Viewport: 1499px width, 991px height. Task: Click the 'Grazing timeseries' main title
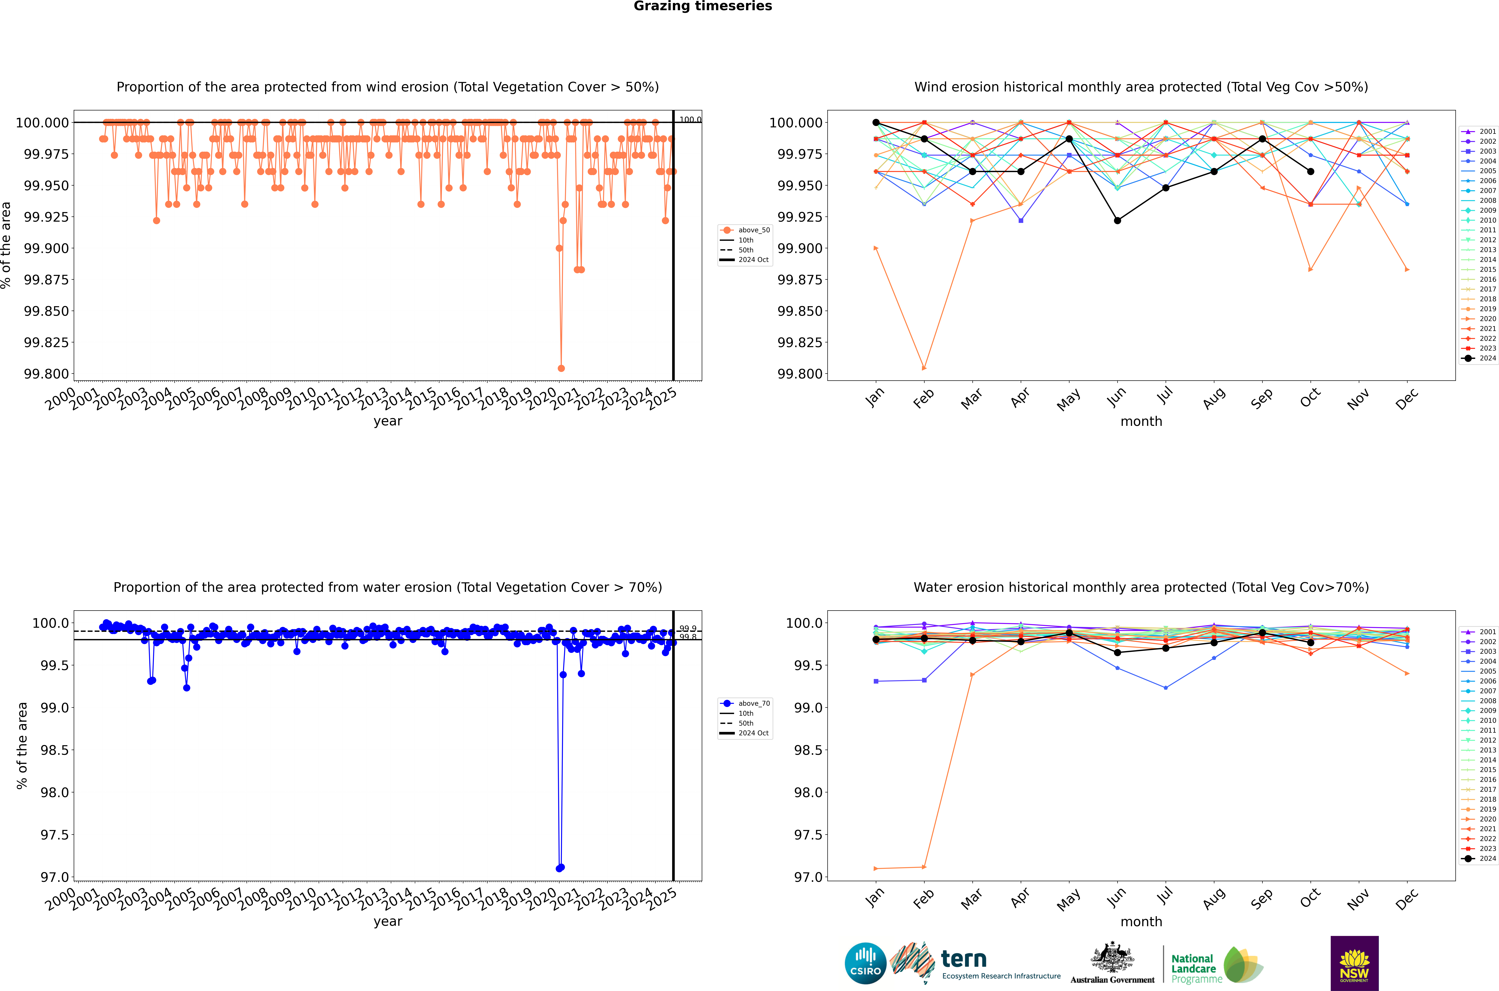702,6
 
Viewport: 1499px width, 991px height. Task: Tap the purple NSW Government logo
1354,963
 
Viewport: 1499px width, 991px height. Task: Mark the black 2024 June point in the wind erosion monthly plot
1117,221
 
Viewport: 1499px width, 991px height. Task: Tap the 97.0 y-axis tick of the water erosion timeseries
54,877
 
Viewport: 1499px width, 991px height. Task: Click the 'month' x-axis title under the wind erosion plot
1141,422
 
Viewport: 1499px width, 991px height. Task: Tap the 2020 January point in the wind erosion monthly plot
876,248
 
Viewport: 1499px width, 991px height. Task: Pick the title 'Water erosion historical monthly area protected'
1141,587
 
